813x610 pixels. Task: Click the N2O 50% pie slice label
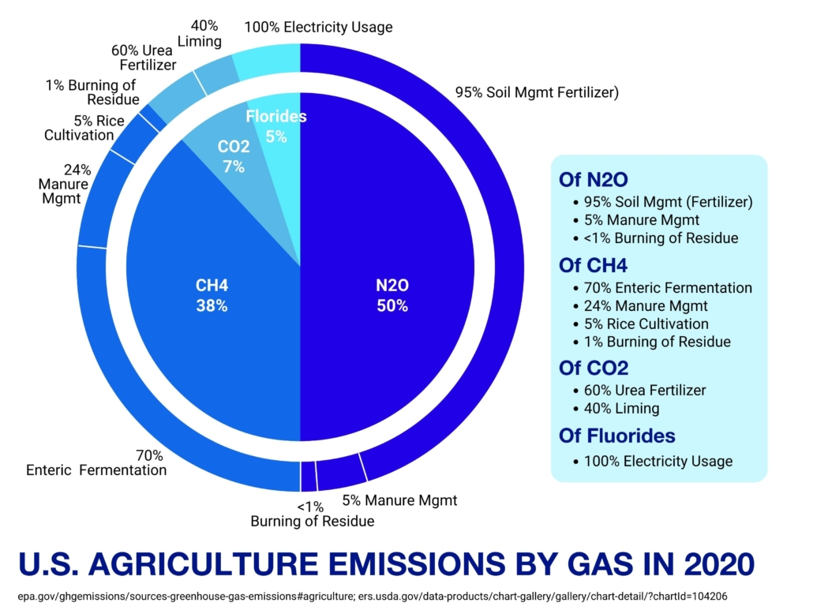(x=392, y=295)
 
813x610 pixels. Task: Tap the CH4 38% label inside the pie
(x=212, y=295)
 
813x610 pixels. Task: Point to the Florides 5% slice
(x=275, y=126)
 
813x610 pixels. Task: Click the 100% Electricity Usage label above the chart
(x=318, y=28)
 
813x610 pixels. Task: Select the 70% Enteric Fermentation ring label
(x=96, y=462)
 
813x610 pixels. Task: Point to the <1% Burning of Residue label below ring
(x=312, y=514)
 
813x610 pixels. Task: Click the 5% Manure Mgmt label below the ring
(x=399, y=500)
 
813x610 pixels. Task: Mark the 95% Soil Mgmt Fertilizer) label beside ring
(x=537, y=92)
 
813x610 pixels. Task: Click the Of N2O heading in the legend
(x=593, y=179)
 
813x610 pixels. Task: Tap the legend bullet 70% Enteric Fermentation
(x=668, y=288)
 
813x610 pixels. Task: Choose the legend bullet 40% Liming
(x=621, y=409)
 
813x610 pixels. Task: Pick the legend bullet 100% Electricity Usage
(x=658, y=461)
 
